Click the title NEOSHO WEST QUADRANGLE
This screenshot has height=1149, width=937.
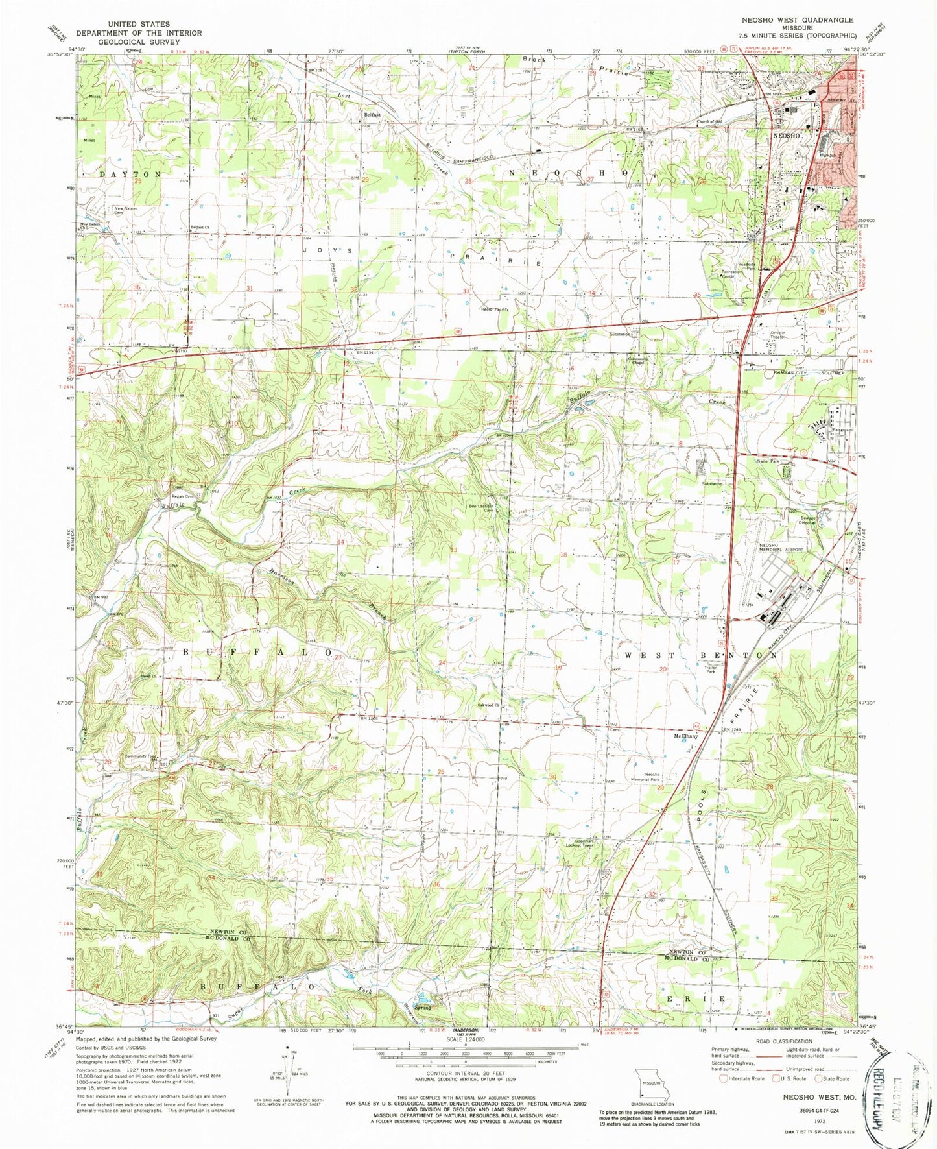point(798,20)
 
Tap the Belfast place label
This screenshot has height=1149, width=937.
point(372,114)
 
